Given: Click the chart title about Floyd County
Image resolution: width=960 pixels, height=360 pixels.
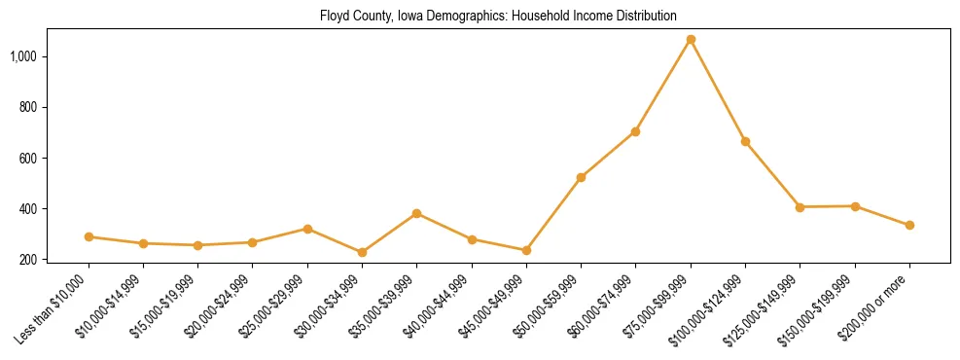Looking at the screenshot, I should coord(497,17).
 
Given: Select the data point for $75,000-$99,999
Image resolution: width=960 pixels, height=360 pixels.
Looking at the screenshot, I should coord(691,40).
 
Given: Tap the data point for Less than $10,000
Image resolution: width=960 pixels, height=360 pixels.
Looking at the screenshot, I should coord(89,236).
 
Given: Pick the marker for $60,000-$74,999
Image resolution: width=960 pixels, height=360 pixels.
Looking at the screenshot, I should coord(635,131).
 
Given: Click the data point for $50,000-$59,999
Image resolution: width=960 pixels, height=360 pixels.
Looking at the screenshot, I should coord(581,177).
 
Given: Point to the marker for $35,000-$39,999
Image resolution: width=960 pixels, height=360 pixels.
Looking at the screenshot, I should coord(416,213).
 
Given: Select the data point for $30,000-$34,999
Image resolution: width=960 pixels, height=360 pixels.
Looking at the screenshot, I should coord(362,252).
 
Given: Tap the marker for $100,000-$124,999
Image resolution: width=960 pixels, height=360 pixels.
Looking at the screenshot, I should coord(745,141).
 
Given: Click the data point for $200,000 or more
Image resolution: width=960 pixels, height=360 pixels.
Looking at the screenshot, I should coord(909,225).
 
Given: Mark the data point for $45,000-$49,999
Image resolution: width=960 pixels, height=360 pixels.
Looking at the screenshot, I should coord(526,250).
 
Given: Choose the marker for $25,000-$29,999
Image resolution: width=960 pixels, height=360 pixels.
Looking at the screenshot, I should coord(307,229).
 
